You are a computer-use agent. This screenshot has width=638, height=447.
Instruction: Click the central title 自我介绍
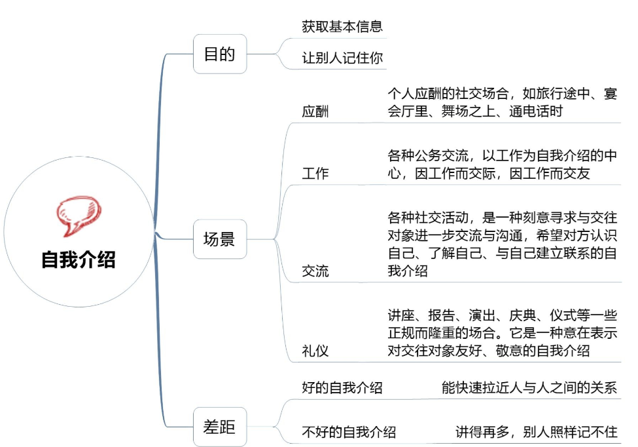(78, 260)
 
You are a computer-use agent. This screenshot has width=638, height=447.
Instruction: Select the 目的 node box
(219, 54)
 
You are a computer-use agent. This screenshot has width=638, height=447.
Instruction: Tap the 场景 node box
(219, 239)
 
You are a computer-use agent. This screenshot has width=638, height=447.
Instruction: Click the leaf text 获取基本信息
(342, 27)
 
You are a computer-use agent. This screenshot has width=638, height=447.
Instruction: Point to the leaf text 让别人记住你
(342, 58)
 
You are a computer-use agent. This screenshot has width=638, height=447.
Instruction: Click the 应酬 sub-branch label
(315, 111)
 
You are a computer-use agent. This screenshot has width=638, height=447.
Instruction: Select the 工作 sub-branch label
(315, 174)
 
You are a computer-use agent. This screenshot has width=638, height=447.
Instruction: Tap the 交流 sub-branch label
(315, 271)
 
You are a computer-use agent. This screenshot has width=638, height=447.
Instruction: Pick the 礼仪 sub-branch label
(315, 351)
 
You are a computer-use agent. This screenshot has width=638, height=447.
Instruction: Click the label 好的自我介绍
(342, 387)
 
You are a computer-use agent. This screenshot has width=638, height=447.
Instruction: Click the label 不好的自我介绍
(348, 432)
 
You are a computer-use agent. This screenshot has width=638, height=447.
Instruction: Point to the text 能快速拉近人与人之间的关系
(529, 387)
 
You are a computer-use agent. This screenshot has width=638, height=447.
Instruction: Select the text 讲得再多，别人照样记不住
(537, 432)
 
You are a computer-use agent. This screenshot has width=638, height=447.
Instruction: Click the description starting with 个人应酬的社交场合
(502, 102)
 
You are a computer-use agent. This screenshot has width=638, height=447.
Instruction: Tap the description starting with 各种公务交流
(502, 165)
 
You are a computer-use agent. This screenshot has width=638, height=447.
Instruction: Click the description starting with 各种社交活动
(502, 243)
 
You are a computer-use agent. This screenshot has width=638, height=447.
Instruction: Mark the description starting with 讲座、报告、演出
(502, 332)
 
